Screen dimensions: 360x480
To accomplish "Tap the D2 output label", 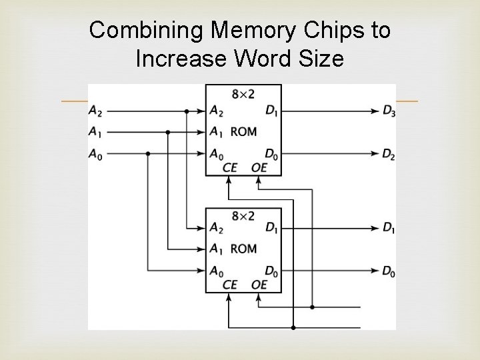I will pos(388,154).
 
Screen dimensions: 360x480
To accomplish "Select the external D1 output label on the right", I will pos(387,228).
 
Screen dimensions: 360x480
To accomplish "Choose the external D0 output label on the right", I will pos(387,271).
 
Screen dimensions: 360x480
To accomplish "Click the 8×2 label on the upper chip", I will pos(241,95).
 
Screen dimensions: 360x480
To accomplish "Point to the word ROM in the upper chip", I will pos(243,131).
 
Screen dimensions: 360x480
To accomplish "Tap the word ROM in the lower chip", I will pos(243,249).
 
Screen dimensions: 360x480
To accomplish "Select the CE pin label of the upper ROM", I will pos(229,167).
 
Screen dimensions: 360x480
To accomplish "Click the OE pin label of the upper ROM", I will pos(259,167).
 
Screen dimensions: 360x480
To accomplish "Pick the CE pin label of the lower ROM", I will pos(229,285).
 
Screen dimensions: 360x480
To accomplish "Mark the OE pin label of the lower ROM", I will pos(259,285).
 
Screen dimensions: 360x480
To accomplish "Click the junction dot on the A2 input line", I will pos(187,111).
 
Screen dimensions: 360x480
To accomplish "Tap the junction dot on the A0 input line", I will pos(147,154).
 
